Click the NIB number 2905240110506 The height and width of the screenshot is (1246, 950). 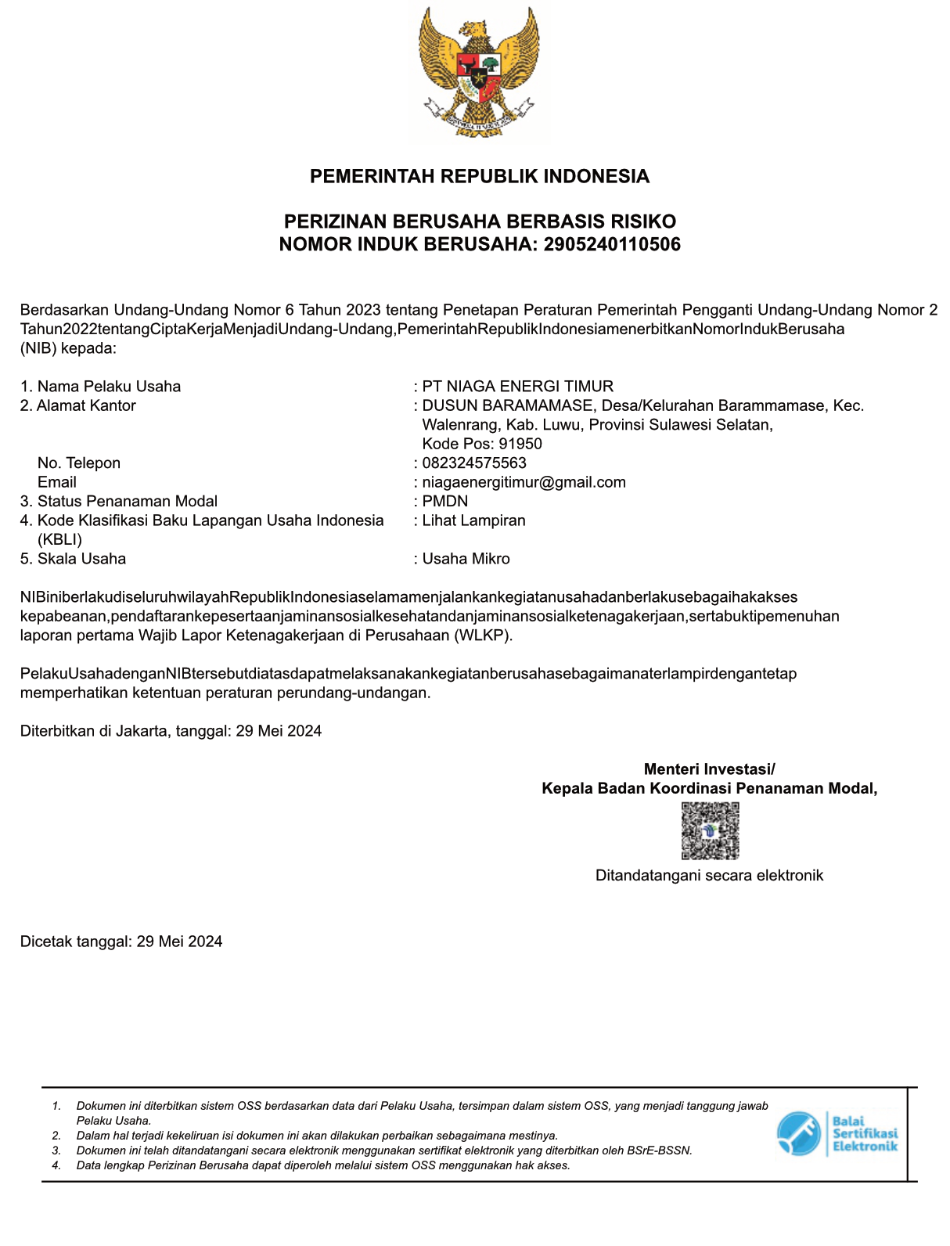tap(612, 244)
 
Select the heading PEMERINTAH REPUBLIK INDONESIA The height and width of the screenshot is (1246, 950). tap(479, 176)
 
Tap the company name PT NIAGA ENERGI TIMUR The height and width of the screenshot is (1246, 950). tap(517, 386)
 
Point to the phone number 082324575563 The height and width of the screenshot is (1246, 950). tap(474, 463)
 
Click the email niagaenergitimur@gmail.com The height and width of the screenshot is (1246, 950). tap(524, 482)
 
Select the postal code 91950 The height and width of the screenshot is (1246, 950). tap(520, 444)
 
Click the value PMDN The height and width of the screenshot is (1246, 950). tap(444, 501)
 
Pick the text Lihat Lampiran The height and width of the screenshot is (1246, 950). tap(473, 520)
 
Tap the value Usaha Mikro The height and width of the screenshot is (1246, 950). tap(466, 559)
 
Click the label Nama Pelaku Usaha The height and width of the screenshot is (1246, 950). tap(109, 386)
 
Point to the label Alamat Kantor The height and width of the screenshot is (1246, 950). tap(86, 405)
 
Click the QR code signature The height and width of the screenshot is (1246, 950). tap(710, 831)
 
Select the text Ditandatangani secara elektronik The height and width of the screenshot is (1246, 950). tap(709, 875)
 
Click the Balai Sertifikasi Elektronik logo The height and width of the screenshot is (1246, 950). tap(837, 1133)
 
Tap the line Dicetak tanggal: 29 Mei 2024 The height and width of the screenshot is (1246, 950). tap(121, 942)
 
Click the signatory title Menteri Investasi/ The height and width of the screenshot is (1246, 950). tap(709, 769)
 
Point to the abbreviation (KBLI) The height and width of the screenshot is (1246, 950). tap(59, 539)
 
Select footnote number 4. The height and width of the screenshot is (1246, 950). tap(56, 1165)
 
